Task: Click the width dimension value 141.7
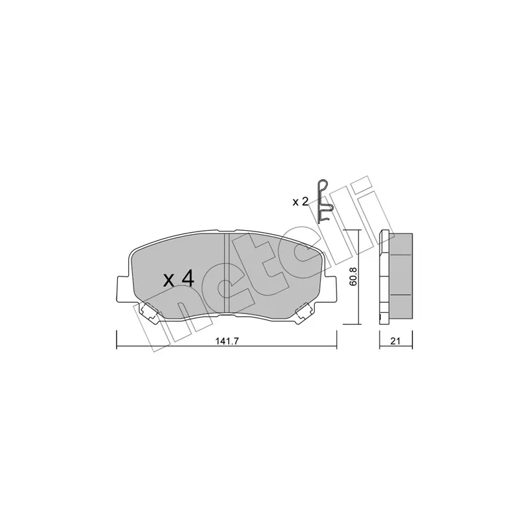tap(227, 341)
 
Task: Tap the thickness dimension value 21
tap(395, 341)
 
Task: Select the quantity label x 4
tap(179, 279)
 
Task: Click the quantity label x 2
tap(300, 202)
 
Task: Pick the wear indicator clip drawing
tap(323, 201)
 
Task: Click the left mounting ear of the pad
tap(123, 289)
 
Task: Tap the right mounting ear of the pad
tap(330, 289)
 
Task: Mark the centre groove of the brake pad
tap(227, 273)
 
